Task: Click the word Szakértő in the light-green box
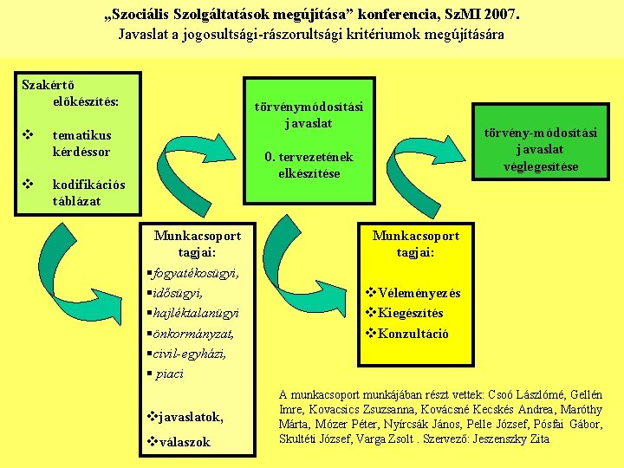tap(49, 84)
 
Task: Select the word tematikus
tap(81, 135)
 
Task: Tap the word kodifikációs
tap(88, 185)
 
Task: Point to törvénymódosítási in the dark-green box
tap(309, 107)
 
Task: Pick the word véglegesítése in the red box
tap(541, 166)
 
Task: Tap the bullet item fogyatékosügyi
tap(194, 273)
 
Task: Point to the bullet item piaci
tap(171, 374)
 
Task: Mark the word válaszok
tap(181, 442)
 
